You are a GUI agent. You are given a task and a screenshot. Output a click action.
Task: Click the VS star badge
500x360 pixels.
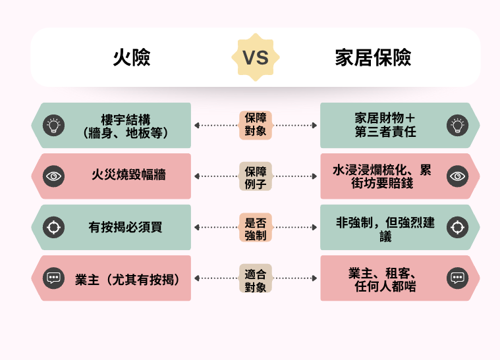point(255,58)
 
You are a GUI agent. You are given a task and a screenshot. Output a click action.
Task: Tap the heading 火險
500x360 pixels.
point(132,58)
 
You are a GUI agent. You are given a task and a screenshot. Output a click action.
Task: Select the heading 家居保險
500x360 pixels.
point(373,58)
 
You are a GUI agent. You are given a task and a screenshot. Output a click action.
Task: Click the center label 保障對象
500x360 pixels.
point(255,125)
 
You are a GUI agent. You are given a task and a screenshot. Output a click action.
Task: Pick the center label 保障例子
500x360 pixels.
point(255,176)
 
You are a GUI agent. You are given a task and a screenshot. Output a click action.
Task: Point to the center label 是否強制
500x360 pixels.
point(255,227)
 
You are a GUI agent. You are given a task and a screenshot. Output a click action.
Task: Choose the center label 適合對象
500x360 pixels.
point(255,278)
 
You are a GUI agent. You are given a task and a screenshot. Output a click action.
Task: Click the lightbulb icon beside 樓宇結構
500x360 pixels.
point(53,125)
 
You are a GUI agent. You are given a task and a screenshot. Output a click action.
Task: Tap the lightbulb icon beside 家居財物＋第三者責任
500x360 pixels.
point(457,125)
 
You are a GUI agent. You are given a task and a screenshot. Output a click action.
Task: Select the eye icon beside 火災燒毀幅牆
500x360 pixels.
point(53,176)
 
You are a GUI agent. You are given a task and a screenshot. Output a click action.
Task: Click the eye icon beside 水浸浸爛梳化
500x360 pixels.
point(457,176)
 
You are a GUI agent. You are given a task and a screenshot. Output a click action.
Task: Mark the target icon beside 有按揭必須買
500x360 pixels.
point(53,227)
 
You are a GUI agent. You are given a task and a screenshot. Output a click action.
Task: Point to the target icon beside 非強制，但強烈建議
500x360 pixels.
point(457,227)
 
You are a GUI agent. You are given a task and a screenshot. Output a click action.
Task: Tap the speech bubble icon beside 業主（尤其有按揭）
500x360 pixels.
point(53,278)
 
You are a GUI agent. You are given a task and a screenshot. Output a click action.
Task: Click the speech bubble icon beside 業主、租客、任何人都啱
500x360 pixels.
point(457,278)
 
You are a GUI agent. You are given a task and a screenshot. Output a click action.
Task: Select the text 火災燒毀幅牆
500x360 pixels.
point(128,176)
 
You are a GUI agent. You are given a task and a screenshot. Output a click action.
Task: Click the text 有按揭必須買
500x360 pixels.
point(125,227)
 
